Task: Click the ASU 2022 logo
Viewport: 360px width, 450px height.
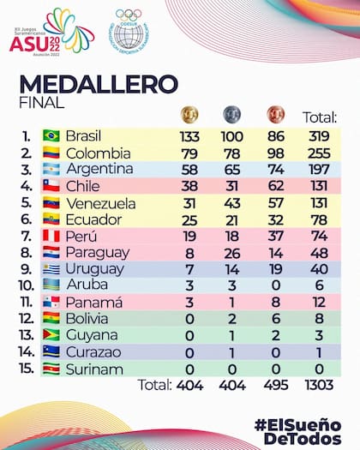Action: pos(51,32)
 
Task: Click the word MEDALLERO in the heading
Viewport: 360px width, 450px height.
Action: pos(99,84)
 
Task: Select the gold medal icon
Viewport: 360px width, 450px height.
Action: pos(189,115)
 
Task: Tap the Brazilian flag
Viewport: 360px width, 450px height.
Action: pos(51,136)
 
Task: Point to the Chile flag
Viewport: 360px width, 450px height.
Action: pos(51,186)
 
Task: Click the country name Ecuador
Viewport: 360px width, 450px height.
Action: pos(95,219)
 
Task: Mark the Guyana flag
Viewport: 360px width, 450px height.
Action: pos(51,335)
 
